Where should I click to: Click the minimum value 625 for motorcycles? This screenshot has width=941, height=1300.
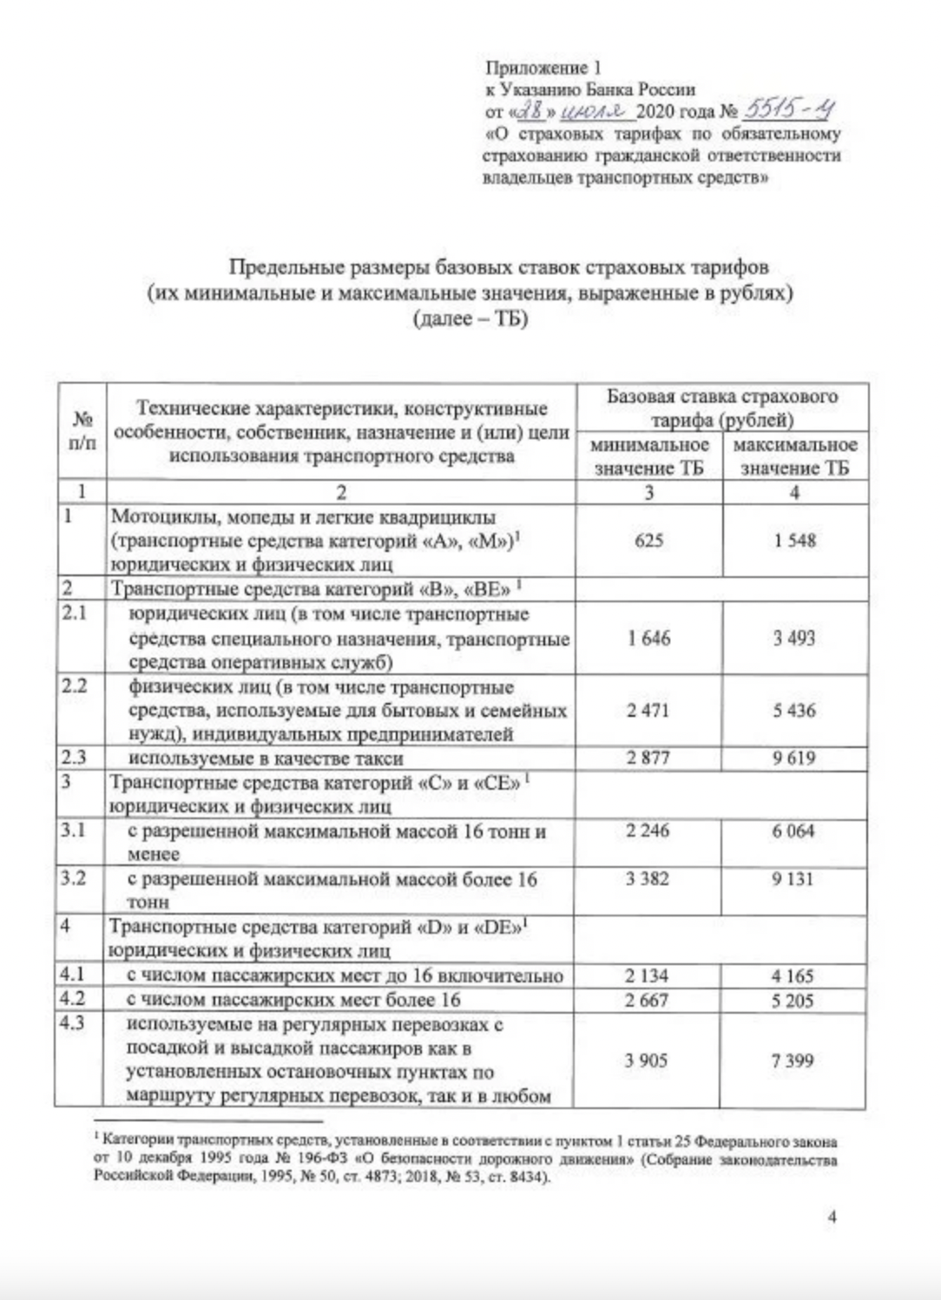648,541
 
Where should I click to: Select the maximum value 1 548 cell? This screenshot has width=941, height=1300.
794,541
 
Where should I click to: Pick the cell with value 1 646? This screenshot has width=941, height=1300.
648,639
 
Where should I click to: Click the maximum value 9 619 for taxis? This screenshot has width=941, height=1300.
794,758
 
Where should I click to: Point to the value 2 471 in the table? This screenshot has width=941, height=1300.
648,711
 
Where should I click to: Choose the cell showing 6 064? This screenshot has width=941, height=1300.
794,831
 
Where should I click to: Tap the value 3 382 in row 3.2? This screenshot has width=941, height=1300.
648,878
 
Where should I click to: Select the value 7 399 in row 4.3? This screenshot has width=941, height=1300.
793,1060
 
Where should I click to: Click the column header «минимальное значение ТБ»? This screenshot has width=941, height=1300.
649,456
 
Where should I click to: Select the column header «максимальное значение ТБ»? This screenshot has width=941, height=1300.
795,456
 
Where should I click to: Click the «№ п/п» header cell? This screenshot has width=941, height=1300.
82,430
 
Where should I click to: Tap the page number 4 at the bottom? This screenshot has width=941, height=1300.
832,1217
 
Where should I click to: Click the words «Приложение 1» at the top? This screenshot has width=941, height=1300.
543,68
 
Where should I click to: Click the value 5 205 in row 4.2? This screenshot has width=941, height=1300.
793,1000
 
